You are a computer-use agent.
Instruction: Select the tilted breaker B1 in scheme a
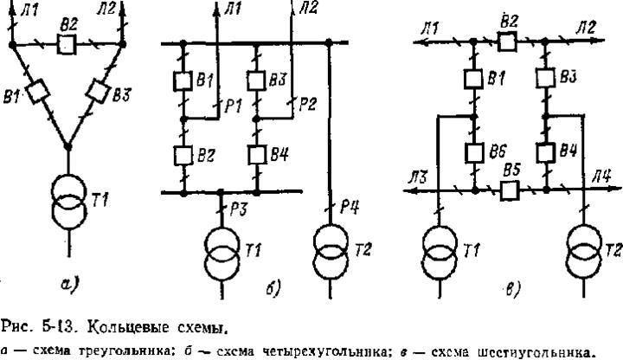coord(35,91)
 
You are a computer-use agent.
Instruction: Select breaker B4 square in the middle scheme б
coord(257,156)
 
